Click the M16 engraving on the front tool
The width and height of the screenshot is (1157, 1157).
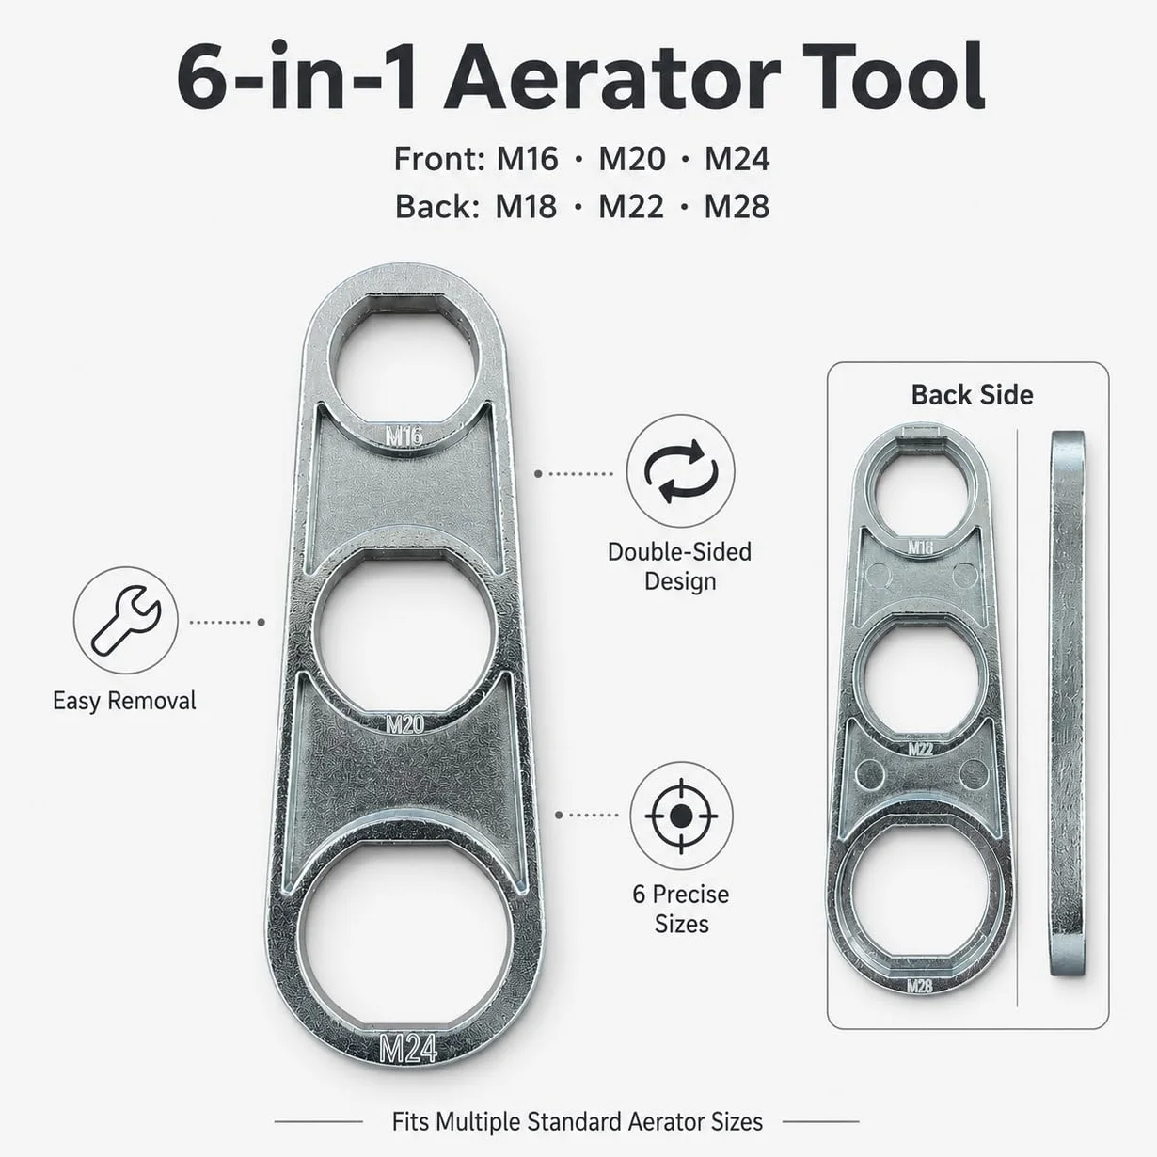pos(404,436)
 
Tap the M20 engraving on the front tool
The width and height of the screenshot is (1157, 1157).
pos(404,724)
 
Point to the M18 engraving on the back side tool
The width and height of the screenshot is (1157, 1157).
pos(921,547)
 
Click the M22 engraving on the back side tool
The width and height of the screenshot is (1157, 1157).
pos(921,749)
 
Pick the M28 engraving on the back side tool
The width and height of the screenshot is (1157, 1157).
pos(920,985)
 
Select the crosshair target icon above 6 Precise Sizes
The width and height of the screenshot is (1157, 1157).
pos(681,816)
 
